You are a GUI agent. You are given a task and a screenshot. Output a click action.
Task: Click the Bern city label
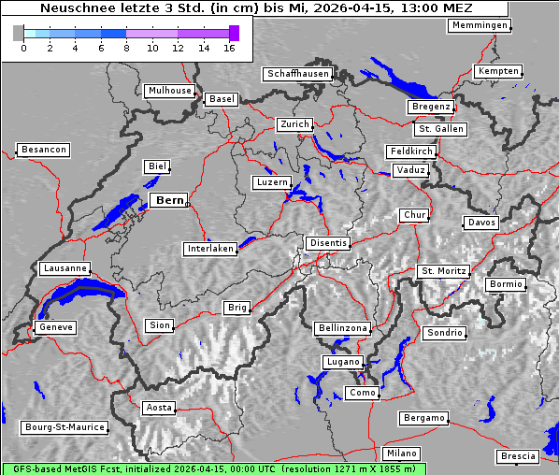(x=169, y=200)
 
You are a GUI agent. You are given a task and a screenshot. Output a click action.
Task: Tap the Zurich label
(x=294, y=124)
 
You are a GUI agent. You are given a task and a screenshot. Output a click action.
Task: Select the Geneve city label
(x=55, y=327)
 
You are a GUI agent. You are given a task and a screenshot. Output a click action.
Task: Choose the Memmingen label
(x=479, y=25)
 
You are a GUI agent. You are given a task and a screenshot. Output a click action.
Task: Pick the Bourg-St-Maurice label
(x=64, y=427)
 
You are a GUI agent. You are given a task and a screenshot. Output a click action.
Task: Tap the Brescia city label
(x=518, y=456)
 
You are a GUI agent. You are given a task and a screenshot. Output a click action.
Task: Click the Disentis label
(x=327, y=243)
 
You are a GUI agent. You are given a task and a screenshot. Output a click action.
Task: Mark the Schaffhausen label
(x=297, y=73)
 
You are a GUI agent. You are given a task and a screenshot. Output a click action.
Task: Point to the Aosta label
(x=159, y=408)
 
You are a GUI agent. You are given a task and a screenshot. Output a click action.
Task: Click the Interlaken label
(x=209, y=249)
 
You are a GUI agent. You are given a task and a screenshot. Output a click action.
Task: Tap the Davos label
(x=481, y=223)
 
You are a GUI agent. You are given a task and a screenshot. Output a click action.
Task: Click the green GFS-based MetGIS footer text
(x=213, y=468)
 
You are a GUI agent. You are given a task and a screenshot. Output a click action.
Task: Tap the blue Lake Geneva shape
(x=79, y=296)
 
